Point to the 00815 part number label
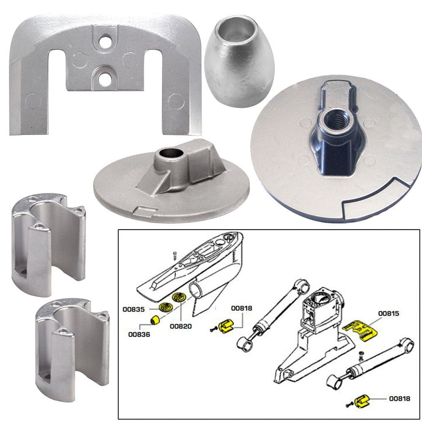(x=389, y=313)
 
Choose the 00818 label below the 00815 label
(x=400, y=398)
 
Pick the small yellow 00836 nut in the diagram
(x=156, y=320)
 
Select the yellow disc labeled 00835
(x=164, y=307)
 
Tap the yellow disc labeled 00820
(x=180, y=297)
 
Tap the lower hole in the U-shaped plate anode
(x=105, y=79)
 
